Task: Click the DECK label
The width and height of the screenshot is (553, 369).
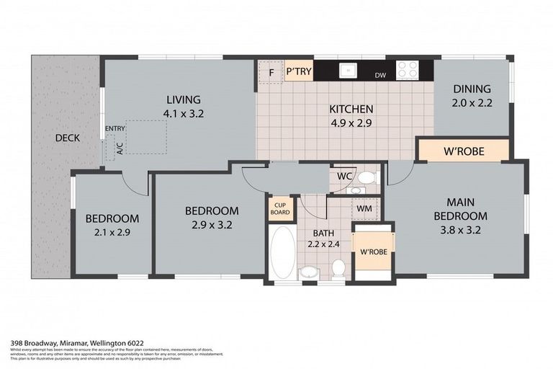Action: (x=67, y=138)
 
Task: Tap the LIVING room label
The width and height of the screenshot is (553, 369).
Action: (x=184, y=99)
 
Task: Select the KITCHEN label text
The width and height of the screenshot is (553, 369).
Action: (x=351, y=110)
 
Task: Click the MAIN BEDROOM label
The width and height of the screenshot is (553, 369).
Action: (x=466, y=209)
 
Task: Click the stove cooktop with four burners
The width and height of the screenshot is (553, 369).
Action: (x=408, y=70)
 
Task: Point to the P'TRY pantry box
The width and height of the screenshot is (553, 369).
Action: (x=298, y=72)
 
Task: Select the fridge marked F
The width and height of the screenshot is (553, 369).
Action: (x=271, y=72)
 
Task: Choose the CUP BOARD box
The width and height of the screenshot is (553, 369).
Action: (x=280, y=208)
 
